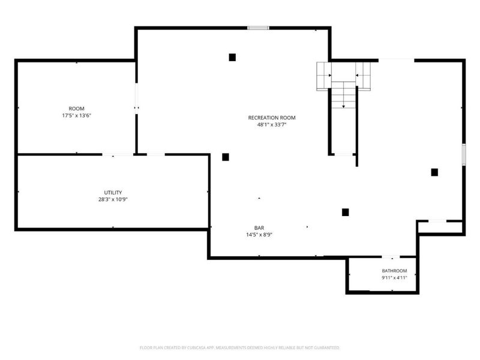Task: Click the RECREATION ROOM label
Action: [x=272, y=118]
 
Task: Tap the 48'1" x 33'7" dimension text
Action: [x=272, y=125]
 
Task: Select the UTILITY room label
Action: [x=113, y=193]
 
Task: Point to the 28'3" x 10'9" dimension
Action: [x=113, y=199]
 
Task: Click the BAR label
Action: [x=259, y=228]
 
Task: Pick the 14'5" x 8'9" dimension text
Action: [x=259, y=235]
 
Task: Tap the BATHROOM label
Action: [x=394, y=271]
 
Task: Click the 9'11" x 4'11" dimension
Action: [x=394, y=278]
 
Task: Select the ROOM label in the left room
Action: [x=77, y=109]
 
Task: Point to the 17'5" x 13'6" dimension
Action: [x=77, y=115]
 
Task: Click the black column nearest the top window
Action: [x=232, y=57]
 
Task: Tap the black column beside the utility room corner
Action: [x=226, y=157]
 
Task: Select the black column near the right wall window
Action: [x=434, y=172]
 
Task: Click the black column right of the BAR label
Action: [x=346, y=212]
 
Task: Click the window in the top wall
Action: [x=258, y=28]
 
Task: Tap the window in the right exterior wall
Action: [x=464, y=155]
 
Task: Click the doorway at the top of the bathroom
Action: [x=391, y=257]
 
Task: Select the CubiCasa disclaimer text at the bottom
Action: [x=239, y=348]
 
